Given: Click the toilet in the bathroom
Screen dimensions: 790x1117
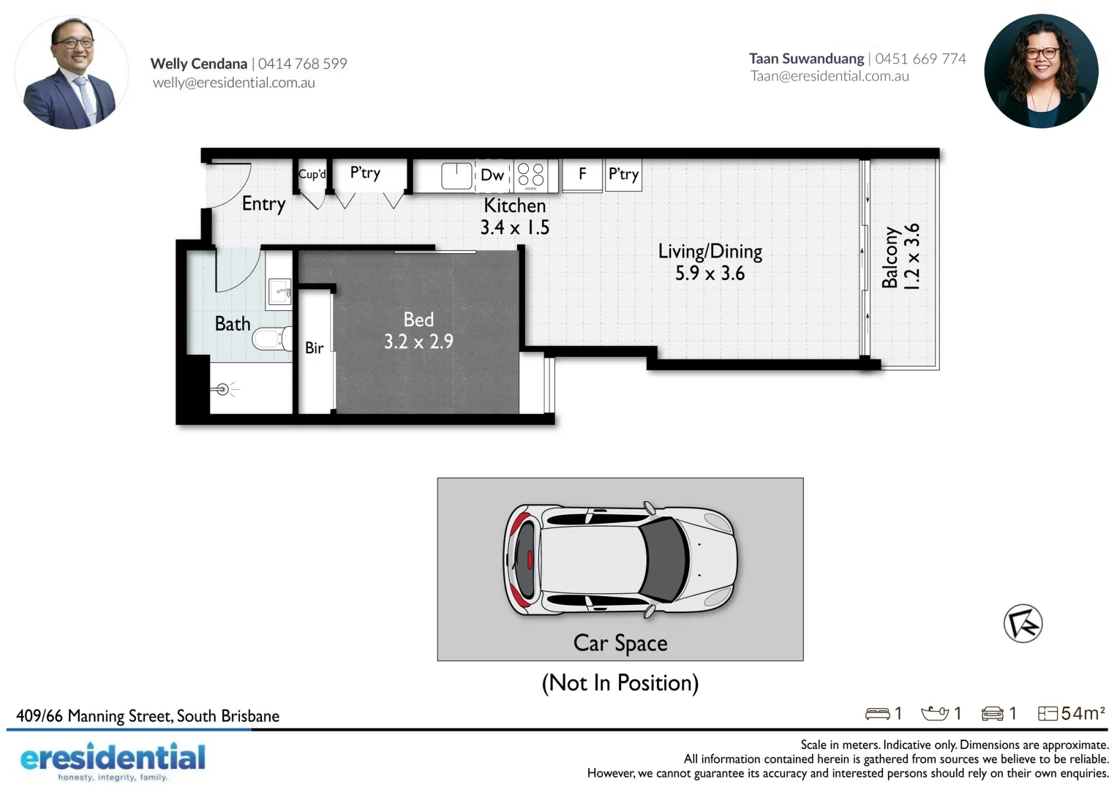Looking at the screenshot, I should click(271, 339).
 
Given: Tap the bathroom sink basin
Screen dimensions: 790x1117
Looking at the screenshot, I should click(279, 291).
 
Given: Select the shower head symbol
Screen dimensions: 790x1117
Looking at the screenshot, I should click(223, 390).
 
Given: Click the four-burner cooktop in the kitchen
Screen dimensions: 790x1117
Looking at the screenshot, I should click(531, 175).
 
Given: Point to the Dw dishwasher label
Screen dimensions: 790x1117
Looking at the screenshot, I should click(492, 176).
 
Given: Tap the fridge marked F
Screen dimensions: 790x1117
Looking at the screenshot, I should click(582, 174).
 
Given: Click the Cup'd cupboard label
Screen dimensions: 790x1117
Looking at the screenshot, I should click(312, 174).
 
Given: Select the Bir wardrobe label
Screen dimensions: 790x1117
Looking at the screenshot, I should click(315, 348).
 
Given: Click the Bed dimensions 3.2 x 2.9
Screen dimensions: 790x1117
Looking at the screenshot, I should click(418, 342).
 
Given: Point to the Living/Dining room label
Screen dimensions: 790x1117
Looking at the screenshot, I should click(710, 252).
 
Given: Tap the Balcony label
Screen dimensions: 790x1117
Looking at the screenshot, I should click(890, 257).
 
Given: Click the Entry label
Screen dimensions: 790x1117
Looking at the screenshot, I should click(263, 203).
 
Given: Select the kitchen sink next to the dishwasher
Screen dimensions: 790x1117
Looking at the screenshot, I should click(456, 176).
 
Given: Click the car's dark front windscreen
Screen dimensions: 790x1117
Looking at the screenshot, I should click(666, 560).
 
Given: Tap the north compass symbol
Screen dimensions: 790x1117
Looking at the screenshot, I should click(1023, 624).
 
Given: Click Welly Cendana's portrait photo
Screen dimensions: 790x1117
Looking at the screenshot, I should click(71, 72).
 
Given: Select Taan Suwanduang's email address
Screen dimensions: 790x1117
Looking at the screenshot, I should click(830, 76).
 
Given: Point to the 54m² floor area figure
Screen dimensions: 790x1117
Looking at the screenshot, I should click(1083, 713).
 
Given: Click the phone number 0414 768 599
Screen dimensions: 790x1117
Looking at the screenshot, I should click(303, 64).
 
